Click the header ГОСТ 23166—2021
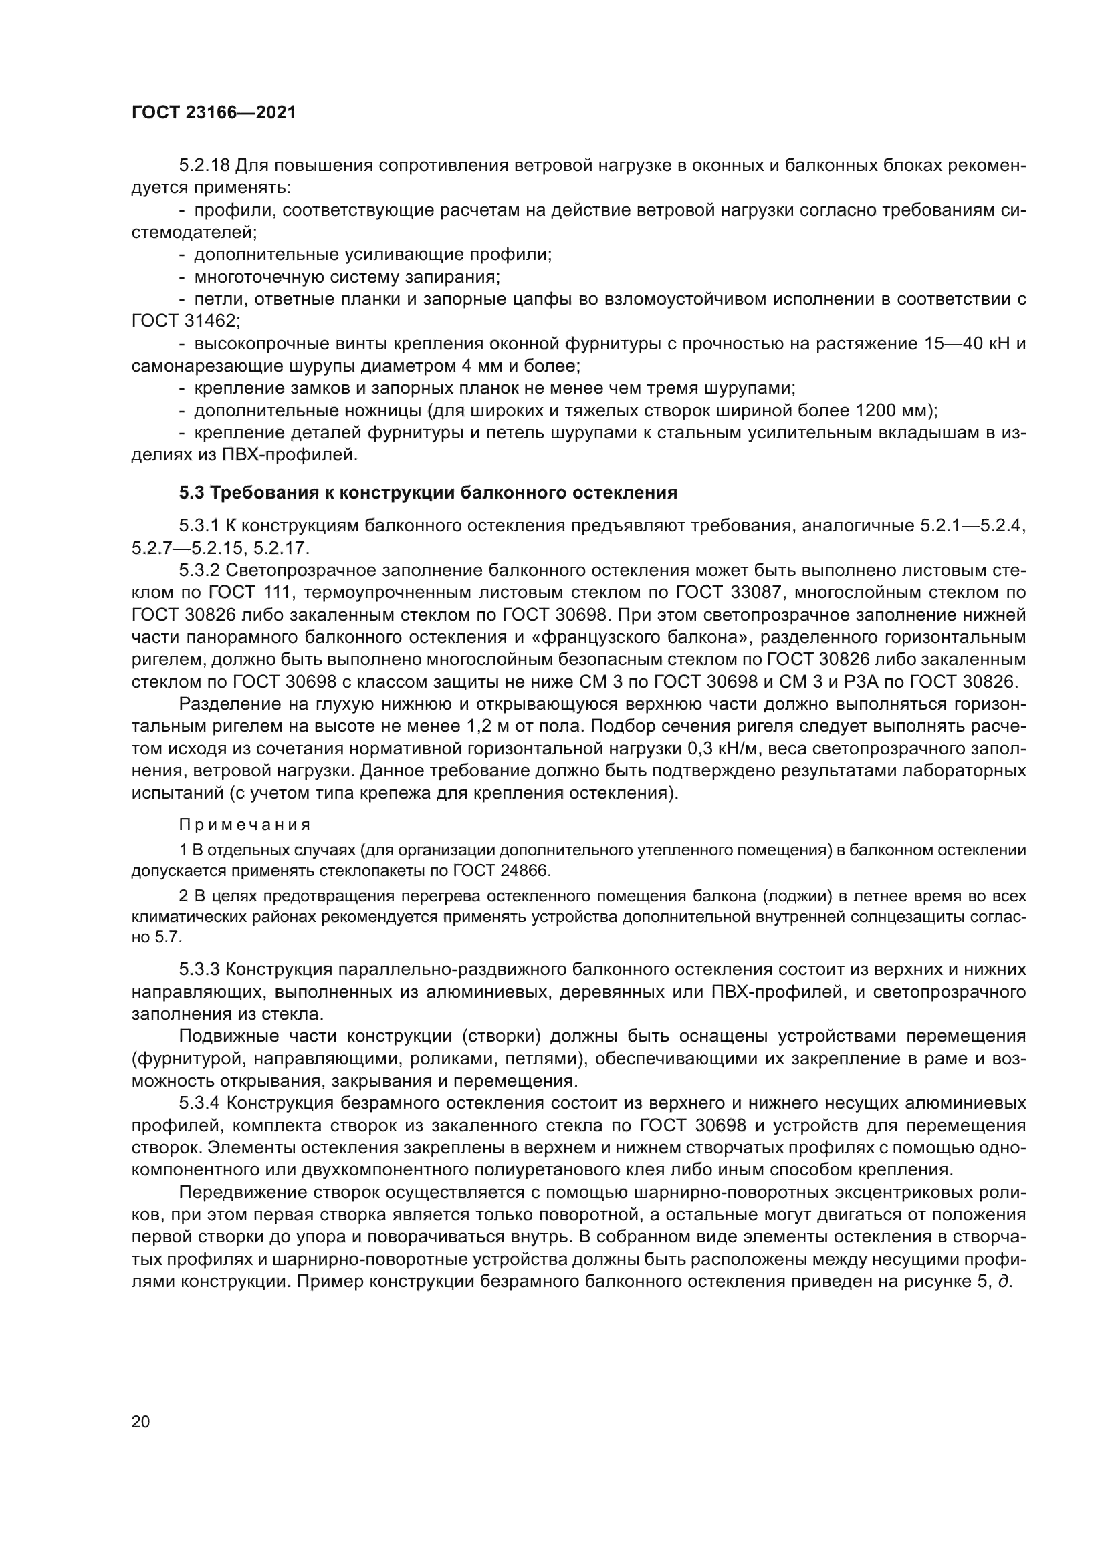(214, 113)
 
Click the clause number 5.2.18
(207, 166)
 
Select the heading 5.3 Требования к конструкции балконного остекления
(428, 493)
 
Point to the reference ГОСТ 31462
(185, 321)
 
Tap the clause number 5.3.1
(199, 525)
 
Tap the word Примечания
(245, 825)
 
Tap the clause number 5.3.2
(199, 571)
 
